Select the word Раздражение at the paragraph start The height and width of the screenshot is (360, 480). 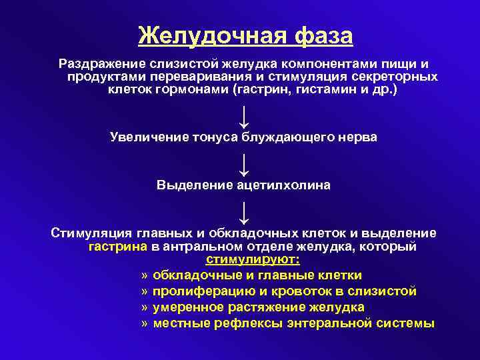click(99, 64)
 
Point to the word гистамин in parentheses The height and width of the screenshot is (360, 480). click(320, 89)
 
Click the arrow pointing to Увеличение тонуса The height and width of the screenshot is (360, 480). click(244, 116)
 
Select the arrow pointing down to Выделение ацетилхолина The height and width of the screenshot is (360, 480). click(244, 164)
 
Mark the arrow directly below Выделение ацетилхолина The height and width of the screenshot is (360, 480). click(244, 212)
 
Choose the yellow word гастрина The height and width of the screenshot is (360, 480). click(118, 246)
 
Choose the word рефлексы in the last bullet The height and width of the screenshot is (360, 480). click(241, 323)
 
